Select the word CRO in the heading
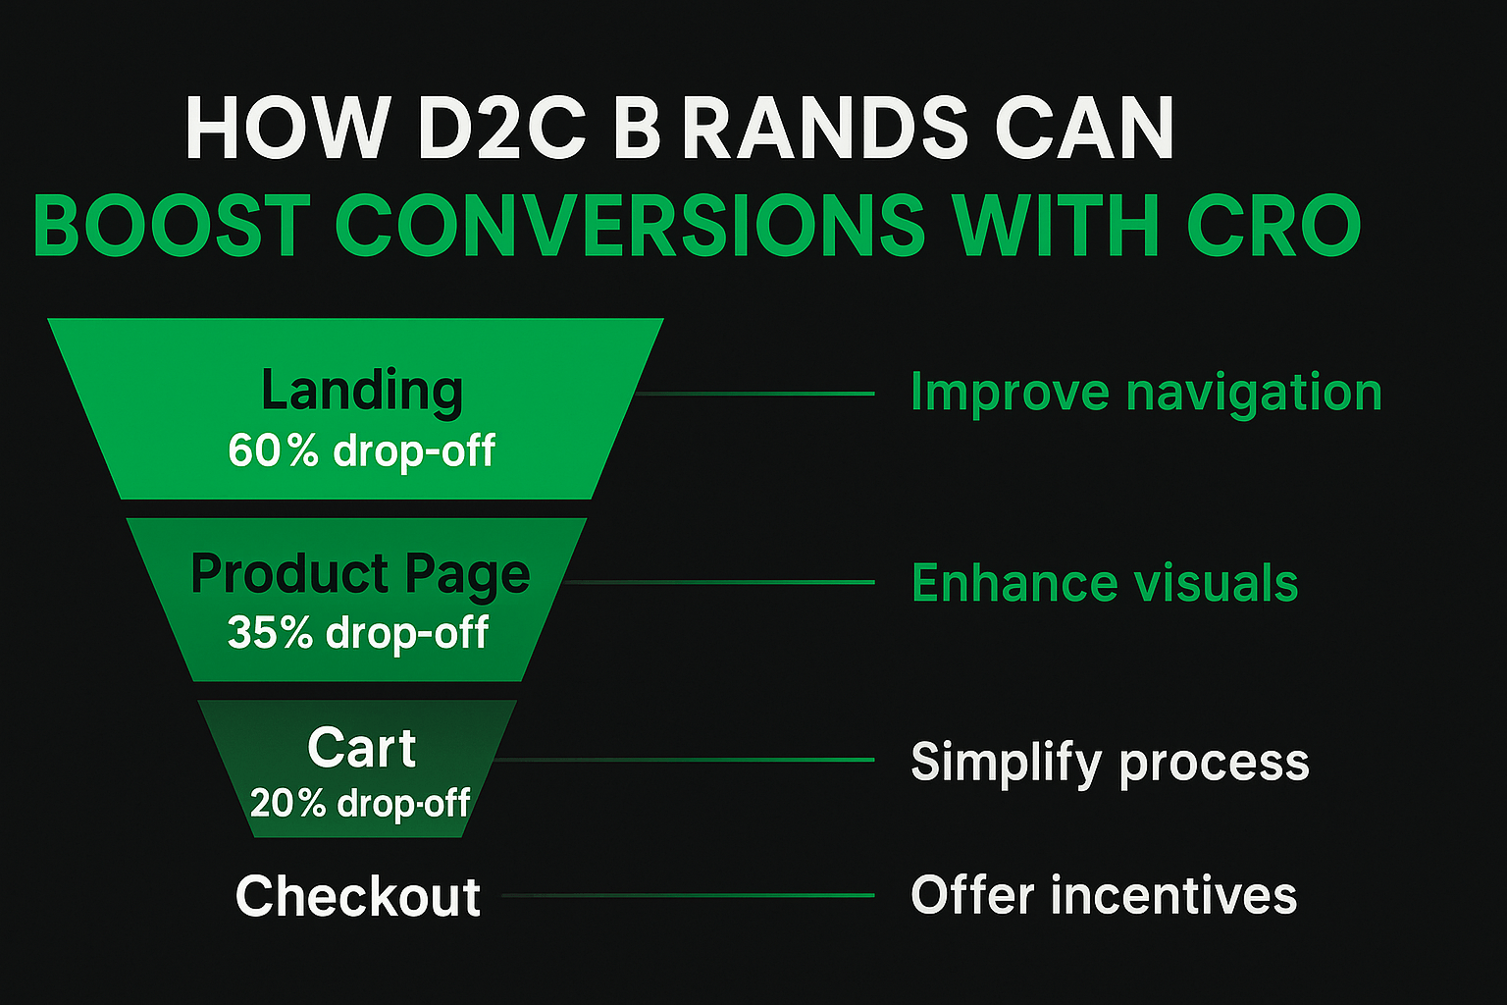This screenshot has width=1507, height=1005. click(1273, 227)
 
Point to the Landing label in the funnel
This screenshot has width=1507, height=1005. click(362, 391)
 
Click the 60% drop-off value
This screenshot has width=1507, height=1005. click(362, 451)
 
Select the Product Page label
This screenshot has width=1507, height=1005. click(360, 573)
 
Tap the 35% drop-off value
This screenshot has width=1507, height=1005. click(358, 633)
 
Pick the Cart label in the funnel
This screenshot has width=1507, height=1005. click(361, 748)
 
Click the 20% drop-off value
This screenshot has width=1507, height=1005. click(360, 804)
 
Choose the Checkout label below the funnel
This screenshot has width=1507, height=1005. click(358, 896)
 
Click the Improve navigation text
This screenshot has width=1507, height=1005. click(1146, 393)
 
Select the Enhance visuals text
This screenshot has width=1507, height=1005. click(1105, 583)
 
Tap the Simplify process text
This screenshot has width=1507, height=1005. click(1110, 762)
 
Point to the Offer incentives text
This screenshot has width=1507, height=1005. click(1104, 896)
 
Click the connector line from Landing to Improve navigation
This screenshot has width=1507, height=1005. click(755, 394)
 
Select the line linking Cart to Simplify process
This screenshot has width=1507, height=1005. click(687, 760)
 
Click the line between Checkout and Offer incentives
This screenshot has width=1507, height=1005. click(687, 895)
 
